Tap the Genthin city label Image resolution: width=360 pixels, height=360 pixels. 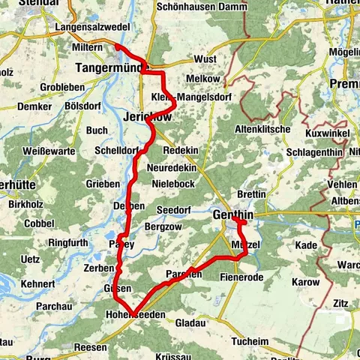[x=233, y=215]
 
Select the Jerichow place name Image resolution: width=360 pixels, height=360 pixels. [x=147, y=118]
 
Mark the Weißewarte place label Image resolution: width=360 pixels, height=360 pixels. [x=49, y=151]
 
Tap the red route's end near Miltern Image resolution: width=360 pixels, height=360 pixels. [x=116, y=46]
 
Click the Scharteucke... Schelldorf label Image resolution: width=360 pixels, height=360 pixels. [x=116, y=150]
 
